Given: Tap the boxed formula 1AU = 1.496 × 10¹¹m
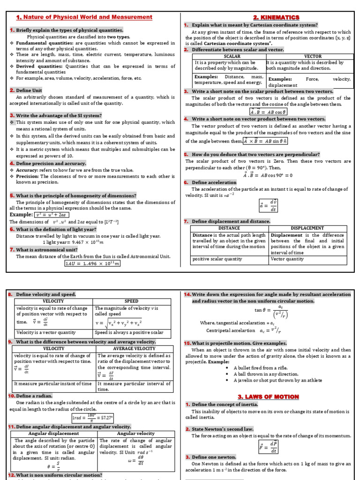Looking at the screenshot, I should pyautogui.click(x=92, y=263).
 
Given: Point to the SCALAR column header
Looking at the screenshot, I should pyautogui.click(x=229, y=56).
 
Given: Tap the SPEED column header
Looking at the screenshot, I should pyautogui.click(x=131, y=300).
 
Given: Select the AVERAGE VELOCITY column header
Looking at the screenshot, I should pyautogui.click(x=134, y=348).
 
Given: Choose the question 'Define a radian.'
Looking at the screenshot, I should pyautogui.click(x=30, y=396).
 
